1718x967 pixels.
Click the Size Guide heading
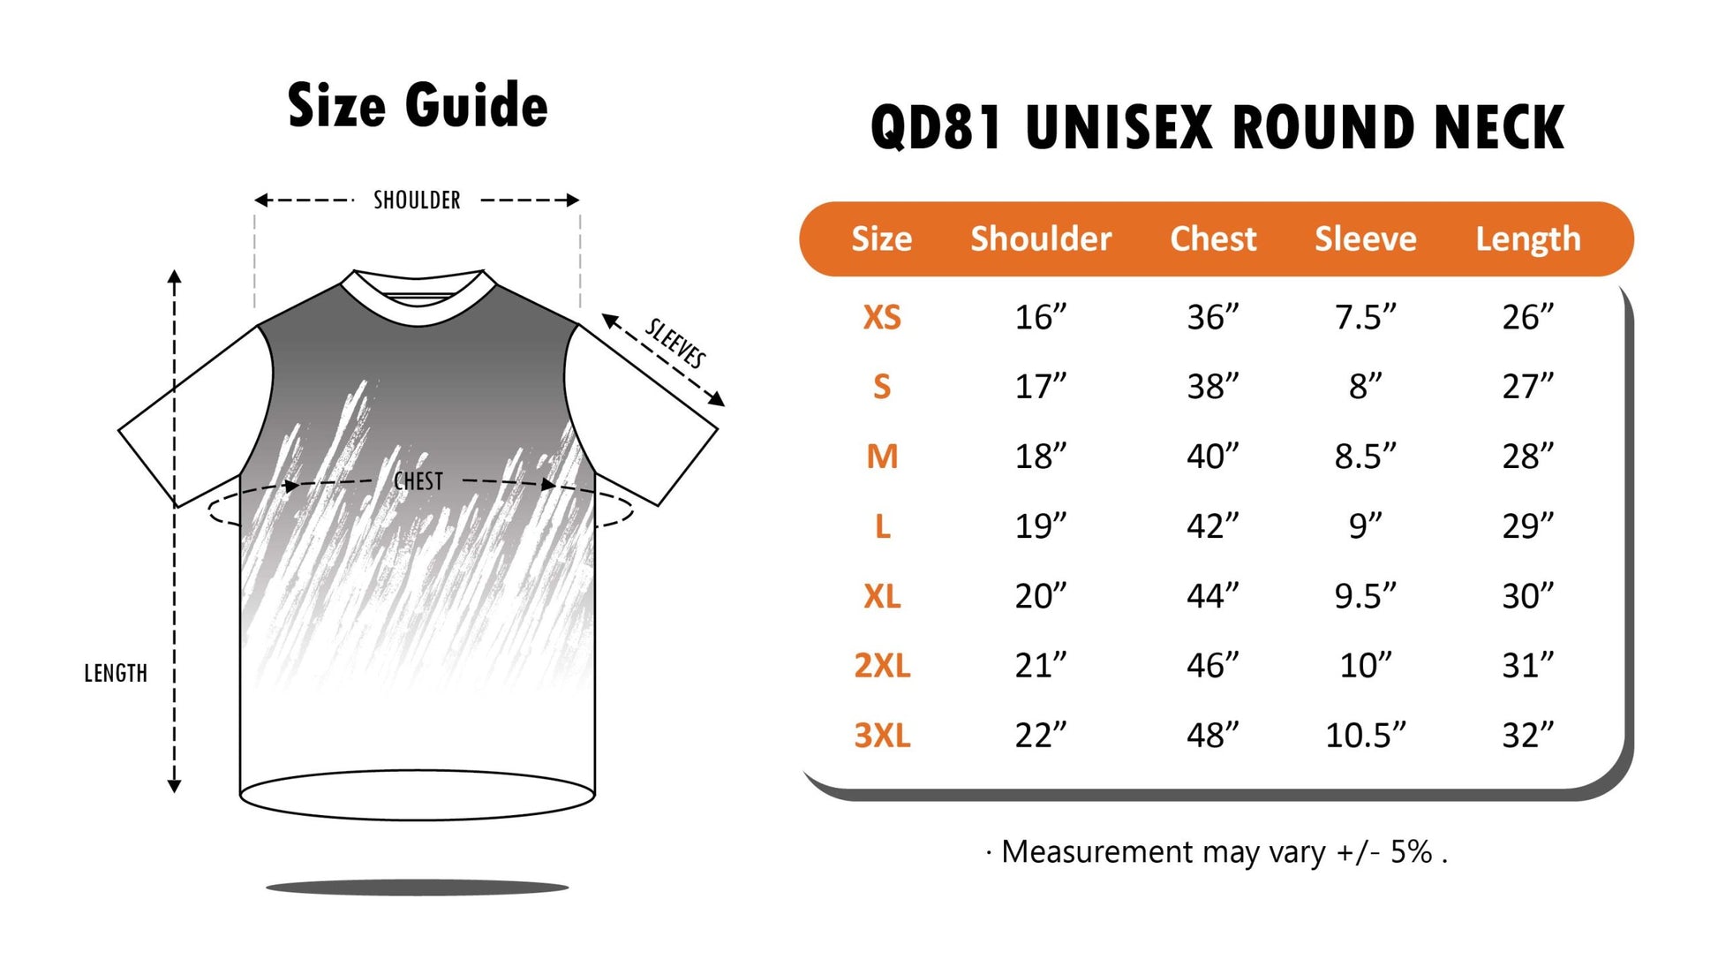(x=418, y=106)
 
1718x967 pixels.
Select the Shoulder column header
(x=1041, y=238)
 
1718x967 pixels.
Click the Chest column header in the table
(x=1213, y=238)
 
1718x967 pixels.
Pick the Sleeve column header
(x=1365, y=238)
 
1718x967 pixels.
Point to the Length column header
(x=1528, y=239)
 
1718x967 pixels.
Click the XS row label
(x=882, y=317)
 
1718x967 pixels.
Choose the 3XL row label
(x=882, y=735)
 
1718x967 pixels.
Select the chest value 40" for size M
(x=1213, y=457)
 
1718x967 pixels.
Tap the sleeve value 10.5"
(x=1365, y=735)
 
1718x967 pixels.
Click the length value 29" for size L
(x=1528, y=526)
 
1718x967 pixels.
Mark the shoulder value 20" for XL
(x=1041, y=596)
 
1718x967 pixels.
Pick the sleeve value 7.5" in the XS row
(x=1365, y=317)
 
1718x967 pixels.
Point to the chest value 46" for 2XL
(x=1213, y=665)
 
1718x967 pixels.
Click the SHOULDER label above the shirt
(x=417, y=200)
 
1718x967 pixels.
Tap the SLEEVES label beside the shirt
(x=675, y=343)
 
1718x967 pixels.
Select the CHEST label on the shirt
(x=418, y=481)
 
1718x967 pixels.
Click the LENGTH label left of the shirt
(x=116, y=674)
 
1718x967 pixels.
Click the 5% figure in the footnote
(x=1411, y=851)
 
